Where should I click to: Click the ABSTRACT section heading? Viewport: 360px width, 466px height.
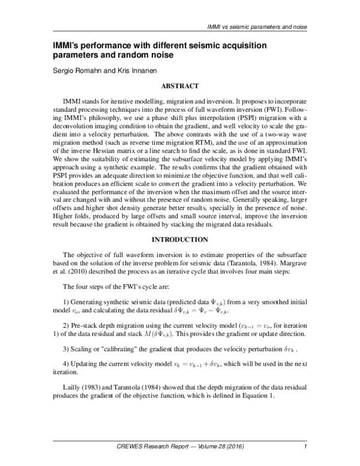(179, 86)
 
